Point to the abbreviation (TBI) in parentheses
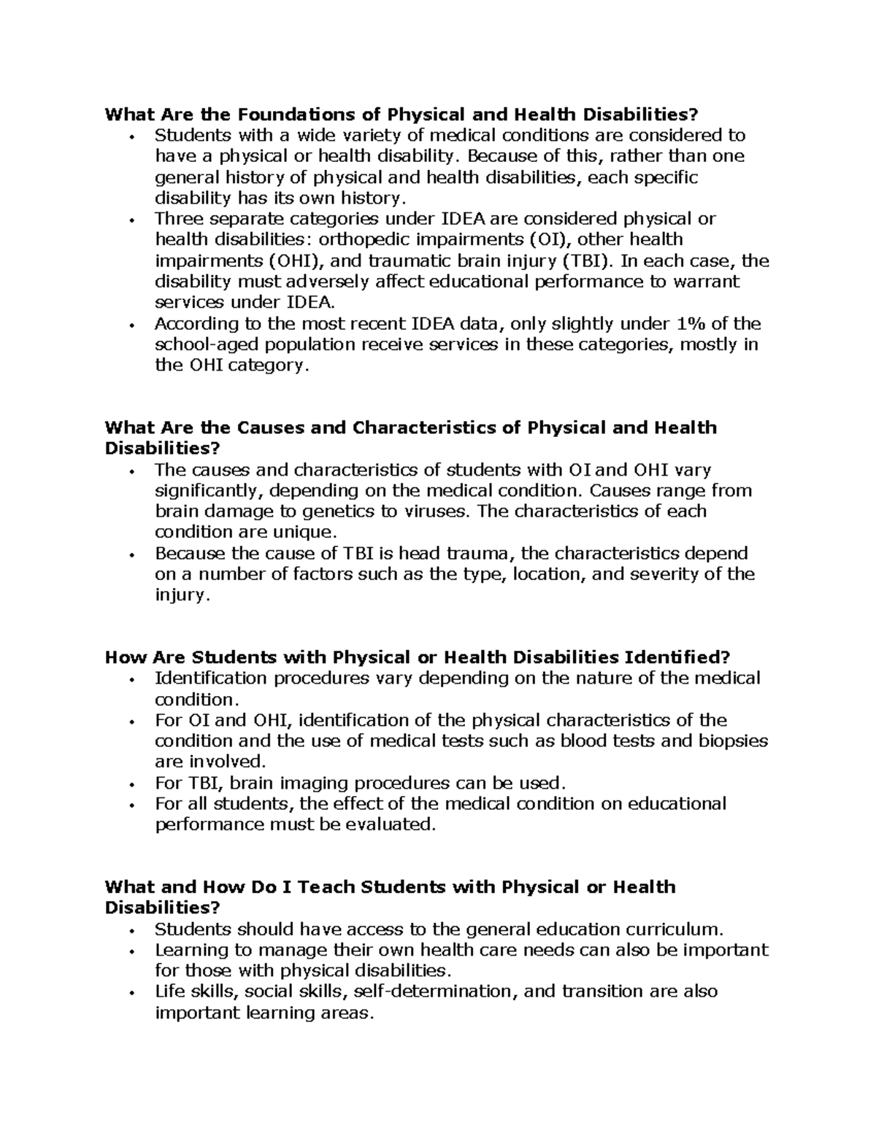(x=588, y=261)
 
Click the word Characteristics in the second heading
(x=426, y=428)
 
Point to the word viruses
(x=437, y=511)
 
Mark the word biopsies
(x=734, y=741)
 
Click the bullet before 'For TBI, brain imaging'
(x=131, y=785)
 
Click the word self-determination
(x=437, y=992)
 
